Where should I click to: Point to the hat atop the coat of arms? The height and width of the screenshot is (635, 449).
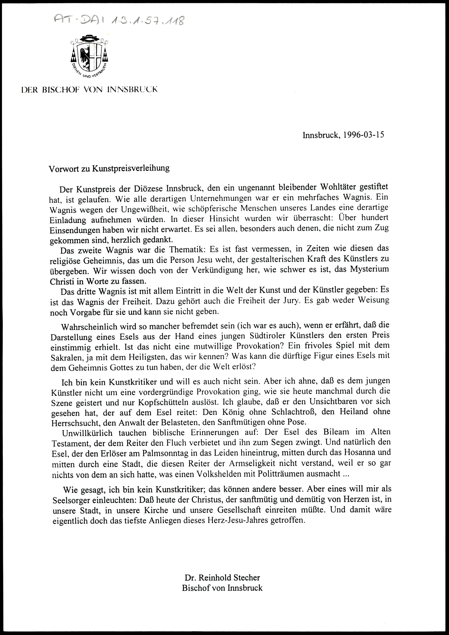pyautogui.click(x=89, y=38)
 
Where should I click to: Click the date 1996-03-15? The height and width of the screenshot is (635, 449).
pyautogui.click(x=359, y=135)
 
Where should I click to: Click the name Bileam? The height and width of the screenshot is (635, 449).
pyautogui.click(x=339, y=432)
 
